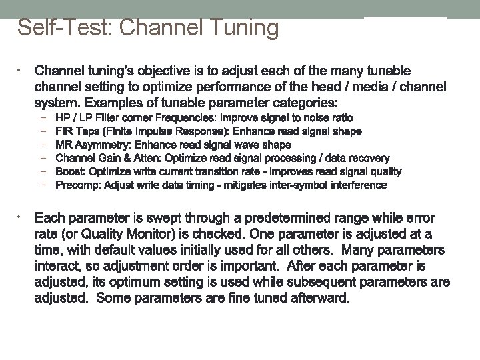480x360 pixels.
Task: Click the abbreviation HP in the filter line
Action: point(63,118)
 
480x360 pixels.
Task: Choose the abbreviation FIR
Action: point(65,131)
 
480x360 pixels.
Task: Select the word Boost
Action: point(69,171)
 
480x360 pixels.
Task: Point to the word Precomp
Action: point(76,185)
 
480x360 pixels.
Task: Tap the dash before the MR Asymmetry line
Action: point(43,145)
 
